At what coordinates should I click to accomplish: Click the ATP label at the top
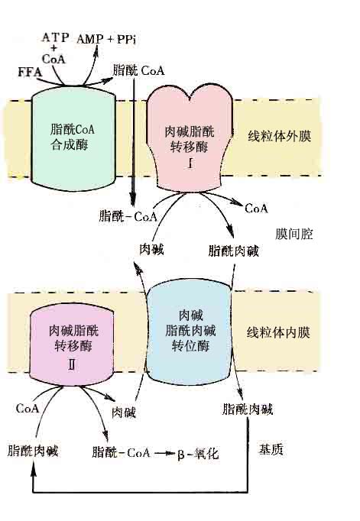click(x=56, y=37)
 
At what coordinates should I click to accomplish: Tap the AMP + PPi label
click(x=106, y=39)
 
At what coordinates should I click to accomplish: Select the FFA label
click(x=30, y=72)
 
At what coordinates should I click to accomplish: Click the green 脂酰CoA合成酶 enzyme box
click(x=73, y=138)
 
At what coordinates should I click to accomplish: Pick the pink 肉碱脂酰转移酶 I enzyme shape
click(x=190, y=140)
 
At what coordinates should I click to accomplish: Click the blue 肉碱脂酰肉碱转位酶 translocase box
click(x=189, y=332)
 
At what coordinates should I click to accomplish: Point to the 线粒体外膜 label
click(x=279, y=136)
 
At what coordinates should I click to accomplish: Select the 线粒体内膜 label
click(x=278, y=332)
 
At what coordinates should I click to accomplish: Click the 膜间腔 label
click(x=294, y=235)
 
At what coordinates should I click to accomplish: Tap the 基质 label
click(x=271, y=449)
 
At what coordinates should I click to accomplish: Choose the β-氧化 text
click(x=198, y=453)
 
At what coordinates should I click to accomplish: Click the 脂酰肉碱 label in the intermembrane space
click(x=233, y=251)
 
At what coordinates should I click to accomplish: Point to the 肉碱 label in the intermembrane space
click(x=151, y=249)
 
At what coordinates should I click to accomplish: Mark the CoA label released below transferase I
click(x=256, y=209)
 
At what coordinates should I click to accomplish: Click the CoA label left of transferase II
click(x=28, y=408)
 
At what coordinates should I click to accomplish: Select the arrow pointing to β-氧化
click(x=164, y=453)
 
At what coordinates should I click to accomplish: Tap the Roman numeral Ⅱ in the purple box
click(x=72, y=365)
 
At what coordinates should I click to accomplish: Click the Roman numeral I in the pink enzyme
click(x=190, y=163)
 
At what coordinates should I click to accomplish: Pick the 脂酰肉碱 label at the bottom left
click(x=33, y=451)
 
